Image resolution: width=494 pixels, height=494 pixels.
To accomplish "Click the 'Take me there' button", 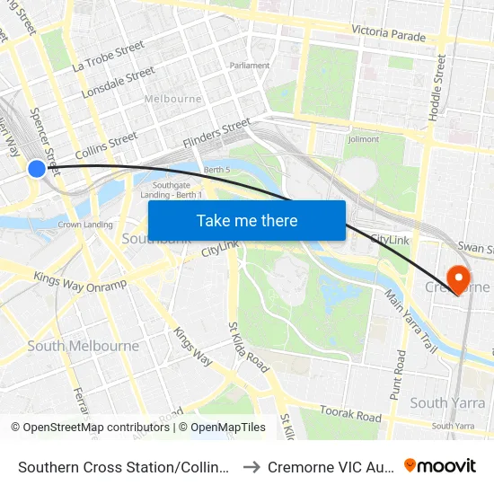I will click(x=246, y=220).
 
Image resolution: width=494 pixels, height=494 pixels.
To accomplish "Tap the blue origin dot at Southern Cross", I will click(x=37, y=168).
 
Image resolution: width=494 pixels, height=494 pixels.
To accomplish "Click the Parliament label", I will click(x=249, y=66).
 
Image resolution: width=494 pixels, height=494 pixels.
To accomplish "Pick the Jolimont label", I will click(x=363, y=139).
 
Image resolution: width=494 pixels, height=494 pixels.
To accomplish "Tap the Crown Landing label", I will click(x=84, y=225).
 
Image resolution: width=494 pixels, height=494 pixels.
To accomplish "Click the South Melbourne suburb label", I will click(x=83, y=346).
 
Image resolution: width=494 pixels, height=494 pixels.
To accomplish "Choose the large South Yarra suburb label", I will click(x=441, y=402).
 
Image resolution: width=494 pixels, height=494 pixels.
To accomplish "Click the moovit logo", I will click(x=440, y=465).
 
